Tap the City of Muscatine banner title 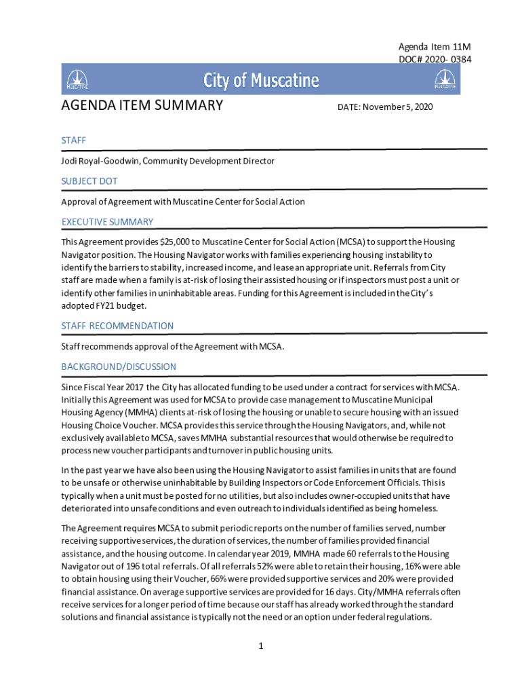point(261,81)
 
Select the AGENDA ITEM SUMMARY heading point(142,106)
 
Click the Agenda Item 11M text point(434,46)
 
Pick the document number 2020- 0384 point(448,59)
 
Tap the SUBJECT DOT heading point(89,181)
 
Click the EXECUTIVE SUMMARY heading point(107,222)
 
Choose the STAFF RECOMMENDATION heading point(117,326)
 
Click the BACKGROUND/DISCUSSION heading point(119,367)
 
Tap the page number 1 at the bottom point(260,645)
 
